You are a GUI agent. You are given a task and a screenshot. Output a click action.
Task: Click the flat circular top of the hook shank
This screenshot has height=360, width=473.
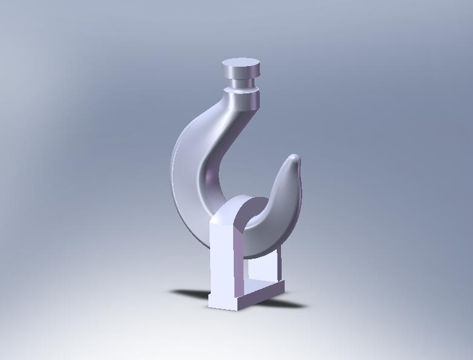pyautogui.click(x=241, y=65)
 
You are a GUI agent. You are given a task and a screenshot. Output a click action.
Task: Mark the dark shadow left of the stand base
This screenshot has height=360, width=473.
pyautogui.click(x=190, y=294)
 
